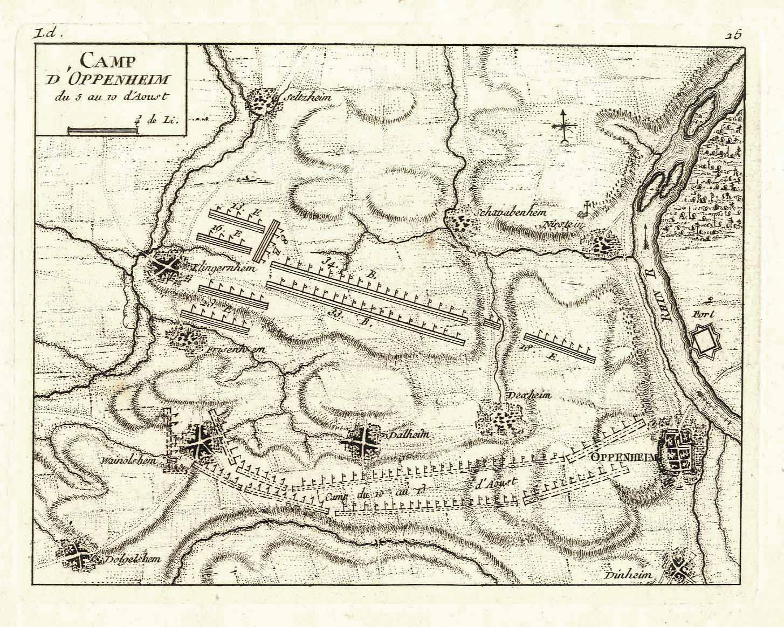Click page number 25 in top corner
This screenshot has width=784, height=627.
pos(734,34)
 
